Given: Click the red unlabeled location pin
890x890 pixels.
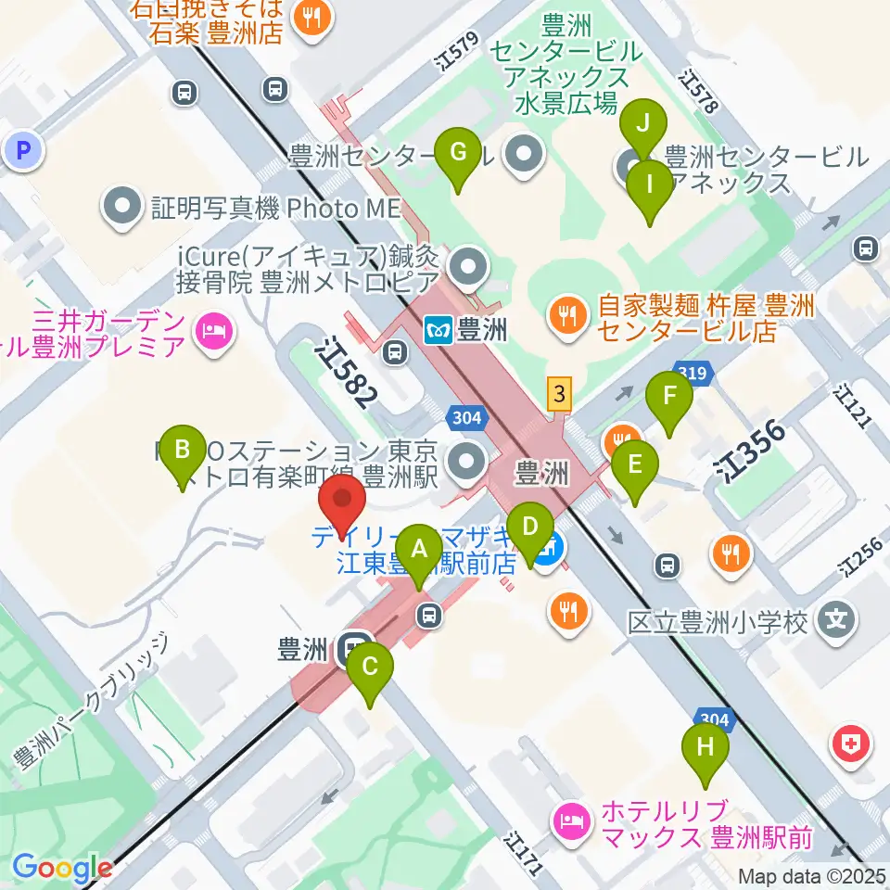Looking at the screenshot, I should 342,506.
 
